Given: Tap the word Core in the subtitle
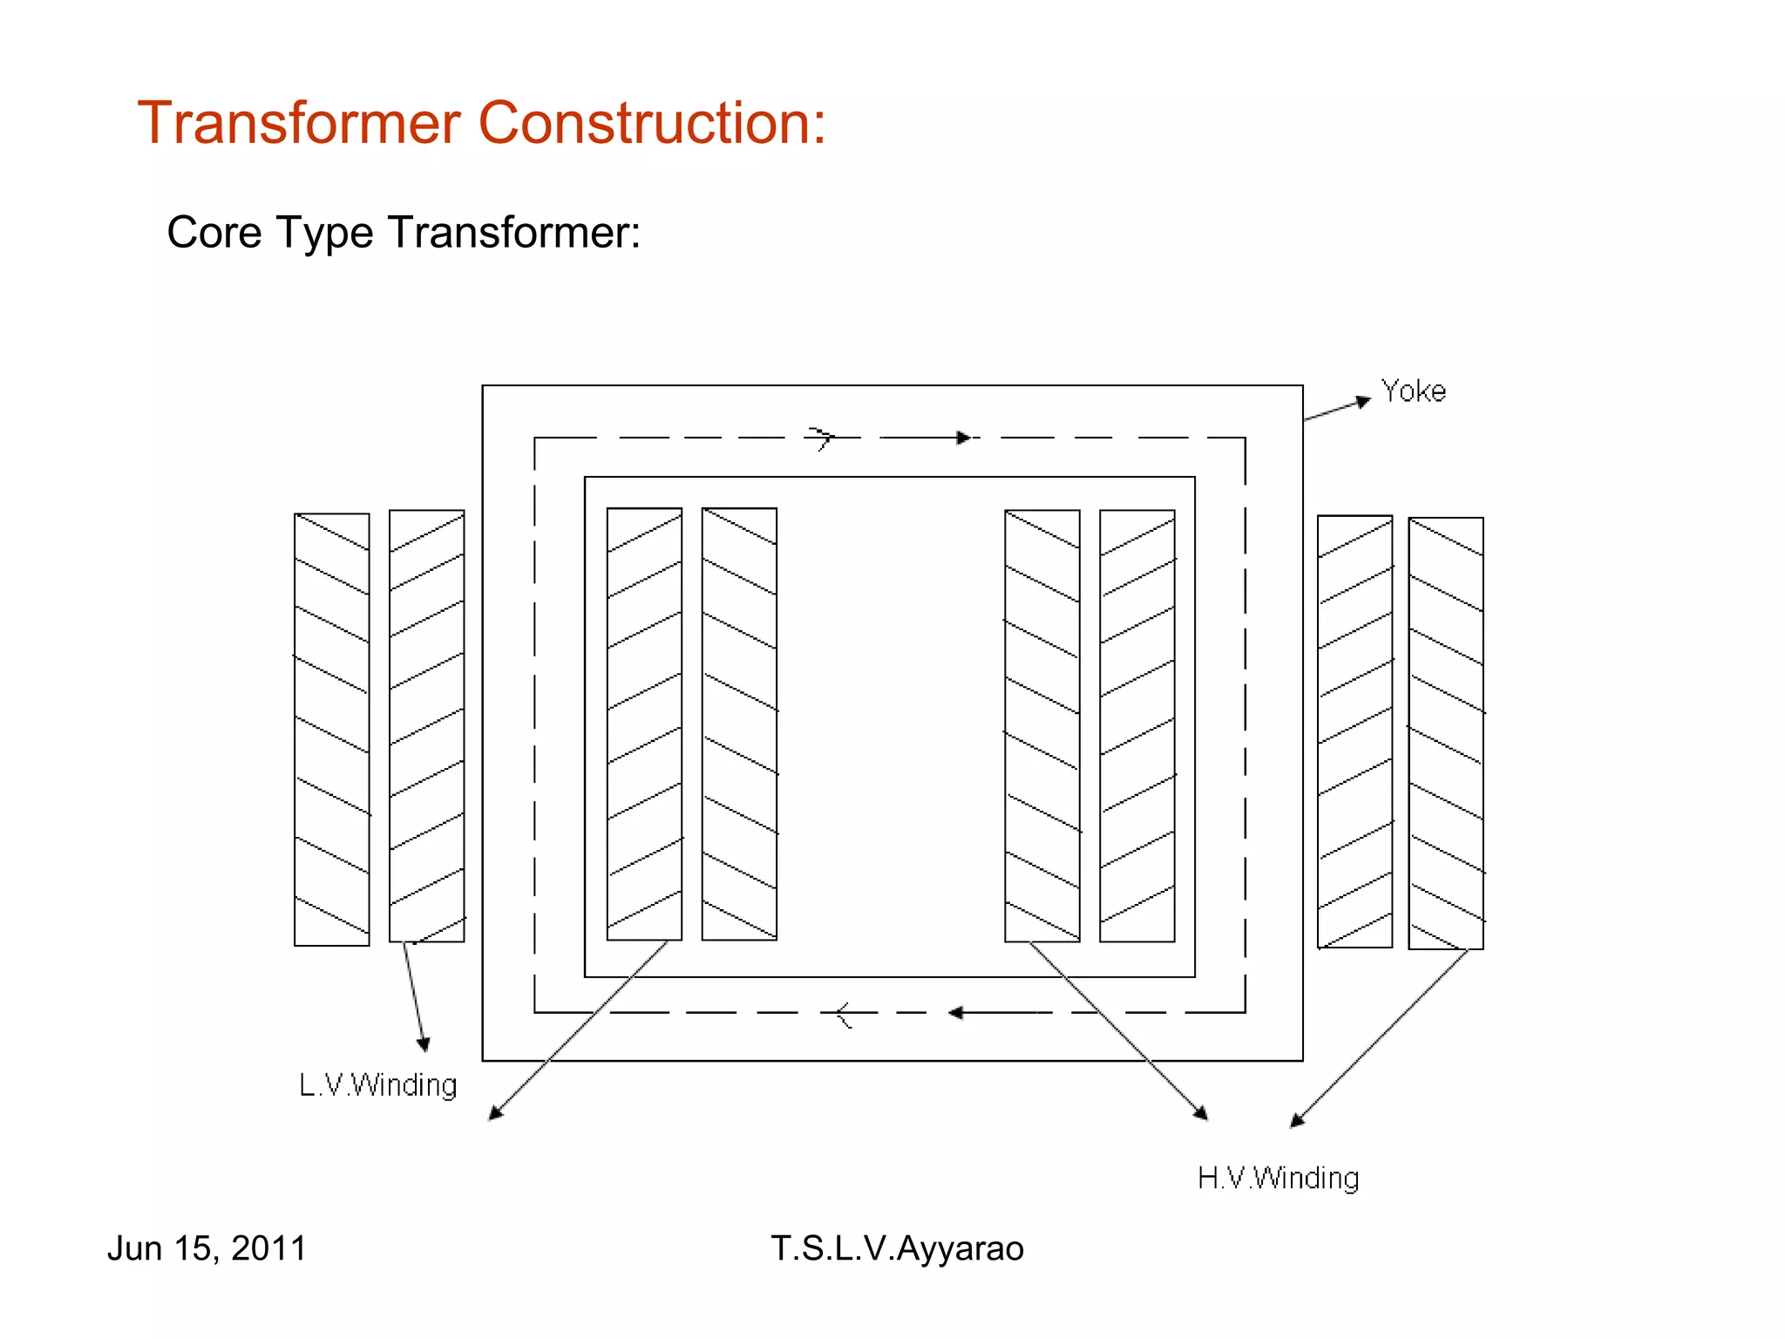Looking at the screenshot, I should (214, 233).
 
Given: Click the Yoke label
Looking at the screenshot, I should (1413, 391).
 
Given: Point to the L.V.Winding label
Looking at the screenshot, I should (377, 1085).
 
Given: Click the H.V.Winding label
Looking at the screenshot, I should (1278, 1179).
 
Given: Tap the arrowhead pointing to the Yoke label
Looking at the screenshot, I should (1363, 401).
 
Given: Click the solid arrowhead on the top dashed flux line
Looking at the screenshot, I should (963, 438).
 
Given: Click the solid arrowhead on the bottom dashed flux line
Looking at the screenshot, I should (956, 1012).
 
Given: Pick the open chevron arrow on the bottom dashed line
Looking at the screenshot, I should (843, 1014).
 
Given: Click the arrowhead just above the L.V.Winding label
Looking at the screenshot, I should (424, 1044).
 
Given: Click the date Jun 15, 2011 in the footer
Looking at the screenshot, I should (207, 1248).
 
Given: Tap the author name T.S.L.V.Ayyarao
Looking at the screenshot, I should (897, 1248).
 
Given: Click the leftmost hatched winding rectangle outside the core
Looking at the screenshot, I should (332, 730).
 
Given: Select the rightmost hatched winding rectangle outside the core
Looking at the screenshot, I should (1445, 733).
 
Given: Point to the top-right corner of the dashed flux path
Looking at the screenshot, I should (1245, 438).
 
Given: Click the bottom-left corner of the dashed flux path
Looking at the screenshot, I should (535, 1012).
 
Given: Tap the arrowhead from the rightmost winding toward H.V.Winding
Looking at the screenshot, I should (1297, 1121).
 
